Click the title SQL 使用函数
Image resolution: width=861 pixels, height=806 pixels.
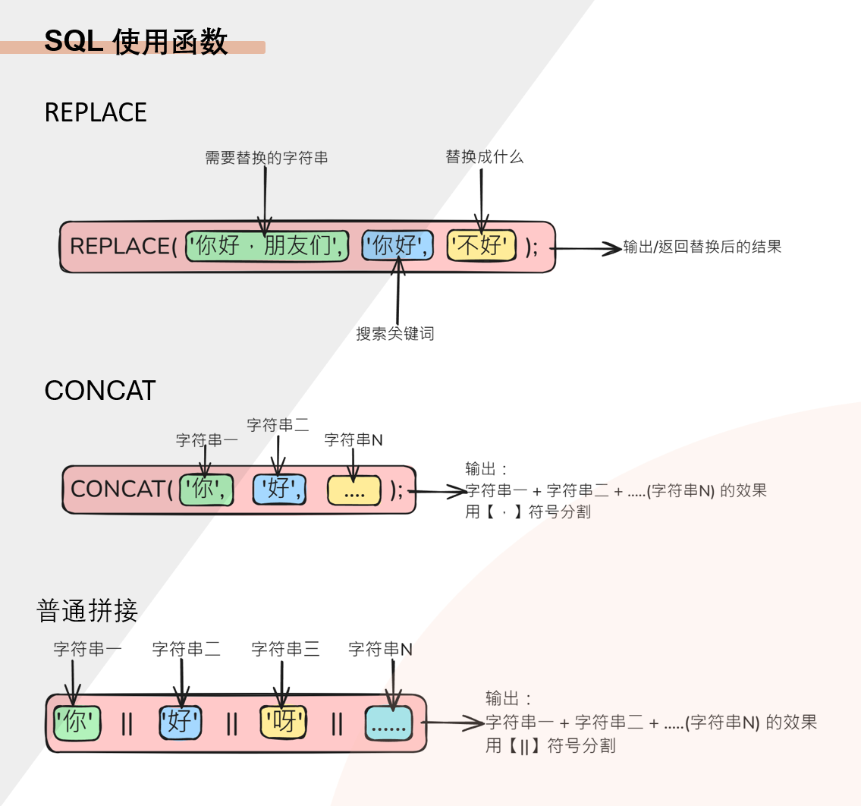tap(136, 41)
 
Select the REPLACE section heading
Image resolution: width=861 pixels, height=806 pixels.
tap(96, 112)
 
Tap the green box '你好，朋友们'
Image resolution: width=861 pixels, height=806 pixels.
tap(267, 246)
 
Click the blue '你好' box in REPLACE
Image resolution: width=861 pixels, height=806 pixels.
tap(398, 246)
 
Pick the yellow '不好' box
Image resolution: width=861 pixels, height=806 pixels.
tap(481, 246)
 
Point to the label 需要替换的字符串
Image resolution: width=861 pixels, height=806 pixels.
tap(266, 158)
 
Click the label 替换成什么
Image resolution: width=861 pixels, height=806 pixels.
tap(484, 157)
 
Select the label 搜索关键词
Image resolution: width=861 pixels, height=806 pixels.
tap(395, 333)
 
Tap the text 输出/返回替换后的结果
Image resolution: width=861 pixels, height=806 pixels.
tap(702, 247)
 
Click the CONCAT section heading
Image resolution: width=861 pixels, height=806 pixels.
tap(100, 391)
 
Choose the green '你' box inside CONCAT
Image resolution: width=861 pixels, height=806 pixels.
tap(205, 489)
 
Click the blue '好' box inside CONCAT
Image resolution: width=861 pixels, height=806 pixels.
tap(279, 489)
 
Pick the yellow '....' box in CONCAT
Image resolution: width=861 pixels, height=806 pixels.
tap(354, 490)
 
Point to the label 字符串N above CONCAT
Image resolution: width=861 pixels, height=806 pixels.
tap(354, 440)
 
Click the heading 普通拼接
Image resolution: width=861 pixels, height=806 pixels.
tap(87, 611)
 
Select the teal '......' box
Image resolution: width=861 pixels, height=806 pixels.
tap(388, 723)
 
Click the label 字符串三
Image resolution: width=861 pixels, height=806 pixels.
tap(285, 649)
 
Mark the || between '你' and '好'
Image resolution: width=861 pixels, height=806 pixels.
tap(127, 724)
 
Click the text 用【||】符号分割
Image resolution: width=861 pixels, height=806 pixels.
tap(551, 746)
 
